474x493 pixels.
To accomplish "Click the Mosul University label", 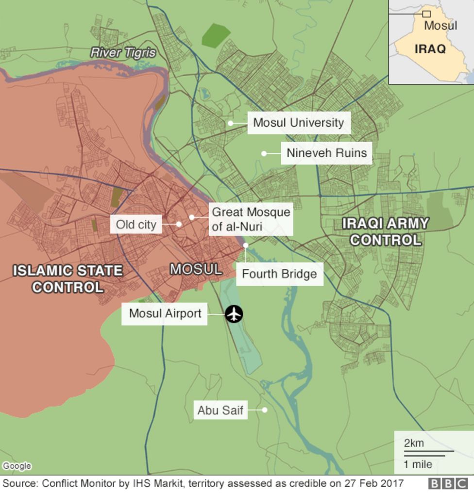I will [298, 123].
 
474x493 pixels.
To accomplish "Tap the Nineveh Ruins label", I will [326, 153].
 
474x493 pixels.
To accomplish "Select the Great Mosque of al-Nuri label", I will [251, 219].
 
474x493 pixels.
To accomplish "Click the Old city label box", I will [136, 225].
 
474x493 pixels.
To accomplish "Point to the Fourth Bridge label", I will [279, 274].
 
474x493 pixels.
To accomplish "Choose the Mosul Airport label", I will [165, 313].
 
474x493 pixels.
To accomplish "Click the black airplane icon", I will [234, 314].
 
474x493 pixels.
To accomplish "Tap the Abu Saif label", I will [220, 411].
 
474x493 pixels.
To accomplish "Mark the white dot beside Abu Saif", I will [265, 410].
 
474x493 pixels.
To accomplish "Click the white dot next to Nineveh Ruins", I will [264, 153].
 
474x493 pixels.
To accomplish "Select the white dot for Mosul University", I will [231, 123].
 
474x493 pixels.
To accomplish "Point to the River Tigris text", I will [123, 52].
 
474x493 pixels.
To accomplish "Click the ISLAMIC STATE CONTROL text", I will [68, 279].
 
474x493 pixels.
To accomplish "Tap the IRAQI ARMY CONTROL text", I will [386, 231].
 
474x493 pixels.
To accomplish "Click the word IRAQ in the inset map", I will [430, 49].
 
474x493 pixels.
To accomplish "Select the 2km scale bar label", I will [414, 443].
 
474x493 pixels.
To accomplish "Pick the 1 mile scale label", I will [418, 464].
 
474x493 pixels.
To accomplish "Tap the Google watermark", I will [17, 466].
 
